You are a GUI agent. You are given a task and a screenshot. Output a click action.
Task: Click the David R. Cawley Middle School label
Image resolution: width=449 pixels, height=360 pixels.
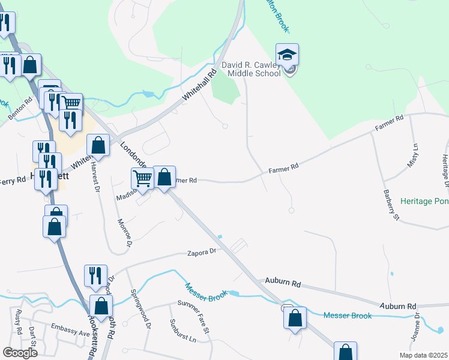pos(250,69)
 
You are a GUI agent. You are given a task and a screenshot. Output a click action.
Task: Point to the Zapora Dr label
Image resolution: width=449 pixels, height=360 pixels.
pos(200,254)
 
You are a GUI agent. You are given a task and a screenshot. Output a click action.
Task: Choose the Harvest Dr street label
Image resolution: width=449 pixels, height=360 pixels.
pos(95,176)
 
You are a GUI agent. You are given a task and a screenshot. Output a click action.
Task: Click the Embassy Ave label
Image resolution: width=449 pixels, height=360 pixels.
pos(70,334)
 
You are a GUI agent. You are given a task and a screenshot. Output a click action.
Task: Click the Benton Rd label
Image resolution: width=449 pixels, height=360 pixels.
pos(18,108)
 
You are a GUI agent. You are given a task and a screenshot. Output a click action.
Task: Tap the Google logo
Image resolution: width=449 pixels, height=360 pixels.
pos(20,352)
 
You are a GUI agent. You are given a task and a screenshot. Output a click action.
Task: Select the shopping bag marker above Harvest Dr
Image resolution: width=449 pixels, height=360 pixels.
pos(98,146)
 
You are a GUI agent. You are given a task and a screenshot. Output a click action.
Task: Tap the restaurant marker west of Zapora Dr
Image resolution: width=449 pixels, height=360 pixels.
pos(95,276)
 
